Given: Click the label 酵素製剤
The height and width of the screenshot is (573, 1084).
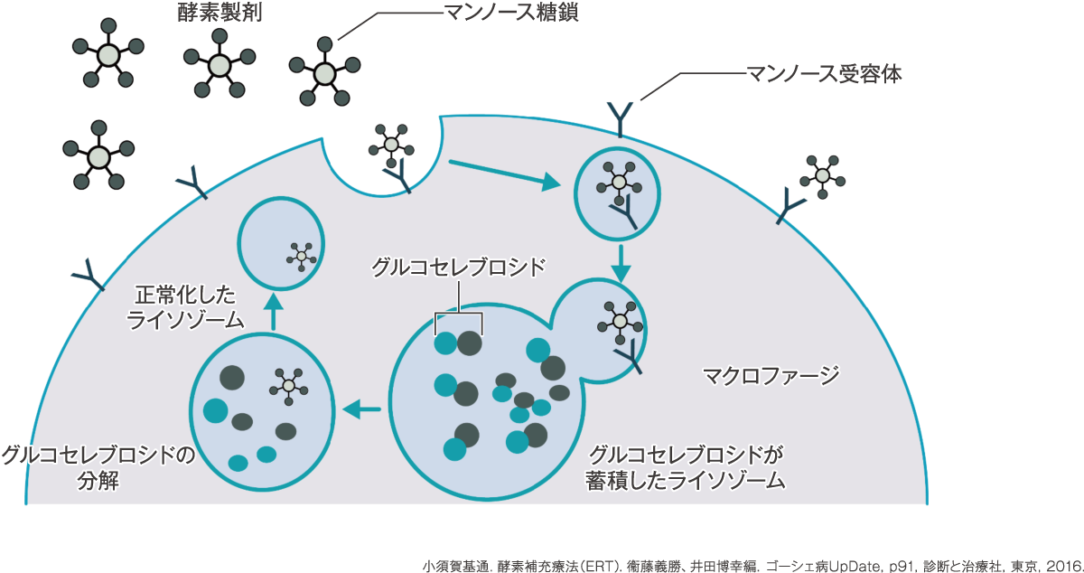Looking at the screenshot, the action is pyautogui.click(x=220, y=13).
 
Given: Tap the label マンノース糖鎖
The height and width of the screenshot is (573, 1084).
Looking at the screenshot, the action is pyautogui.click(x=510, y=12).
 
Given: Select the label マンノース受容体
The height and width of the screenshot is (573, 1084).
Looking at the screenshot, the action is pyautogui.click(x=824, y=74).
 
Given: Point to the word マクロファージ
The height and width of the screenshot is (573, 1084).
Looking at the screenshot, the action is pyautogui.click(x=771, y=376).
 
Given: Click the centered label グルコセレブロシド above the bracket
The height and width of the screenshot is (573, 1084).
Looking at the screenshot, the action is pyautogui.click(x=458, y=267).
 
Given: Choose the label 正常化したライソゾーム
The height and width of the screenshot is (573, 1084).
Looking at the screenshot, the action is pyautogui.click(x=185, y=307).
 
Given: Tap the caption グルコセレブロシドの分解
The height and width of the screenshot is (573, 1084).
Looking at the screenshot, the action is pyautogui.click(x=98, y=468).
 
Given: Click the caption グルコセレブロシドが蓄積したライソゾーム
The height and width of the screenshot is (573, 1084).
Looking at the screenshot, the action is pyautogui.click(x=686, y=468).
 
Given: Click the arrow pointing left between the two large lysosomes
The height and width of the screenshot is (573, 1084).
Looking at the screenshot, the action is pyautogui.click(x=361, y=409).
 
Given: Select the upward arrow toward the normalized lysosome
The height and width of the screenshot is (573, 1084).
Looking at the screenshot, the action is pyautogui.click(x=274, y=312).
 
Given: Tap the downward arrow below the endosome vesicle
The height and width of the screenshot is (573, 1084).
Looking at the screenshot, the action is pyautogui.click(x=621, y=264).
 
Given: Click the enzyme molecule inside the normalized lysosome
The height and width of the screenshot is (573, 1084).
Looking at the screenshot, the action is pyautogui.click(x=302, y=256).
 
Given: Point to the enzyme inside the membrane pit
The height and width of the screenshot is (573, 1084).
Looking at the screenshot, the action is pyautogui.click(x=391, y=146).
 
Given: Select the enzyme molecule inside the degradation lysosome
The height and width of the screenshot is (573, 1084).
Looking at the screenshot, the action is pyautogui.click(x=289, y=386).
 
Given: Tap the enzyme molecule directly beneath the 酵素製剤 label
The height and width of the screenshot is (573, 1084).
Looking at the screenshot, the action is pyautogui.click(x=220, y=63).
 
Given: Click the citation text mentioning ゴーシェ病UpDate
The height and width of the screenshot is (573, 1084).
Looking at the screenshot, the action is pyautogui.click(x=752, y=566).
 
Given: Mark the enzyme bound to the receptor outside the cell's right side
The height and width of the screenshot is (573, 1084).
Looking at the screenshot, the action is pyautogui.click(x=823, y=176).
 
